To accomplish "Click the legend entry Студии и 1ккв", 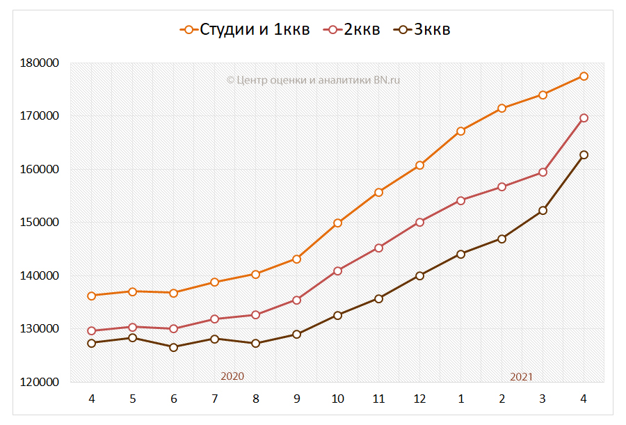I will (244, 29).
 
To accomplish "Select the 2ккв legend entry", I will (354, 29).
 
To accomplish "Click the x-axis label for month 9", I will (296, 399).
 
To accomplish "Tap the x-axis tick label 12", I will (419, 399).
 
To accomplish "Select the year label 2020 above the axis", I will (232, 376).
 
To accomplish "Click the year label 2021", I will (521, 376).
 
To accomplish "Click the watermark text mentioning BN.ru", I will (313, 80).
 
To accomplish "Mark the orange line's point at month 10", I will (337, 223).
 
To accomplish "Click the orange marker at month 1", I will (460, 131).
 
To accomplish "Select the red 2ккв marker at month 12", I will (419, 223).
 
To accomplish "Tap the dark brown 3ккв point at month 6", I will (173, 347).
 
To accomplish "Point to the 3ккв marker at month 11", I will (378, 298).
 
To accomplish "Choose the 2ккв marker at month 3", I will (543, 172).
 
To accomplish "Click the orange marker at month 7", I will (214, 282).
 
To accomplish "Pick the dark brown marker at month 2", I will (501, 239).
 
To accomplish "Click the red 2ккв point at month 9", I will (296, 300).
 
